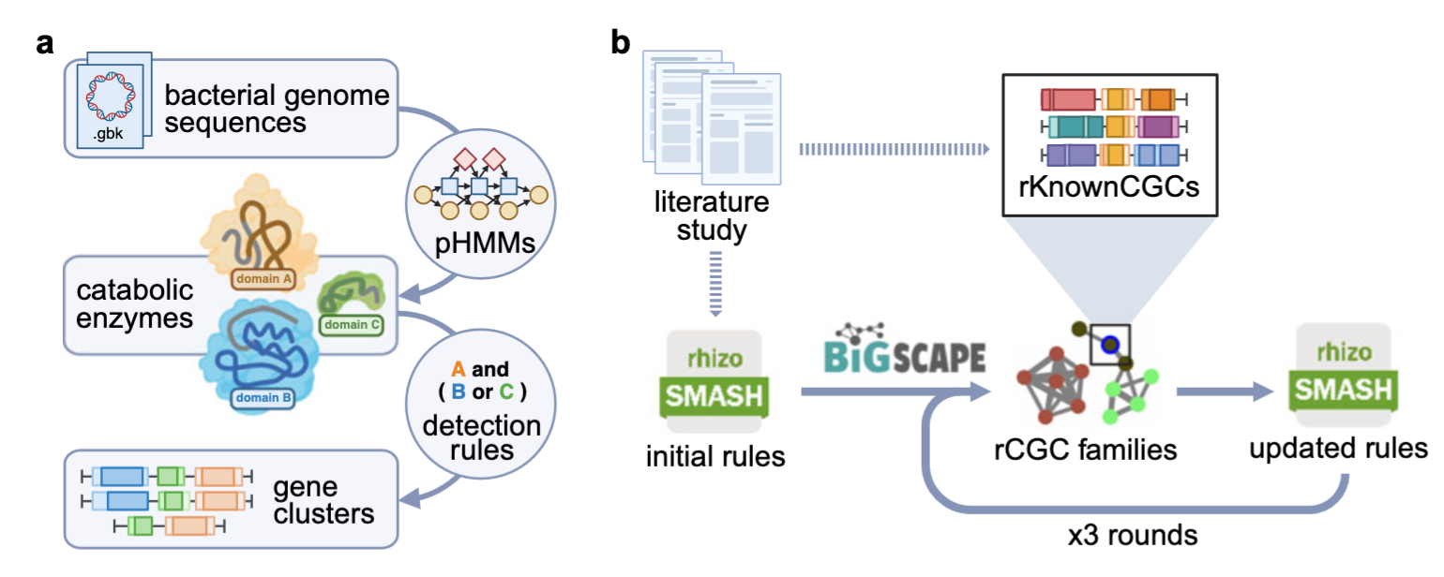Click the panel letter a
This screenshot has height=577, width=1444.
point(44,44)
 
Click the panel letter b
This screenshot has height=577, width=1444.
point(622,44)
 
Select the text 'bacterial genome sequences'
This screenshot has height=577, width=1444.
point(277,109)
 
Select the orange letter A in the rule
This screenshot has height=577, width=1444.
point(458,369)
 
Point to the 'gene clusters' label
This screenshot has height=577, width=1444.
point(324,501)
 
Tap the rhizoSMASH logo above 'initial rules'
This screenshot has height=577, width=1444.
point(714,379)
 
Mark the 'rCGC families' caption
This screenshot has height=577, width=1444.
point(1085,449)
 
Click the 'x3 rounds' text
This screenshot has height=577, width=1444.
point(1133,535)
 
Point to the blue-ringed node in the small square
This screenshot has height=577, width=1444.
point(1110,344)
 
